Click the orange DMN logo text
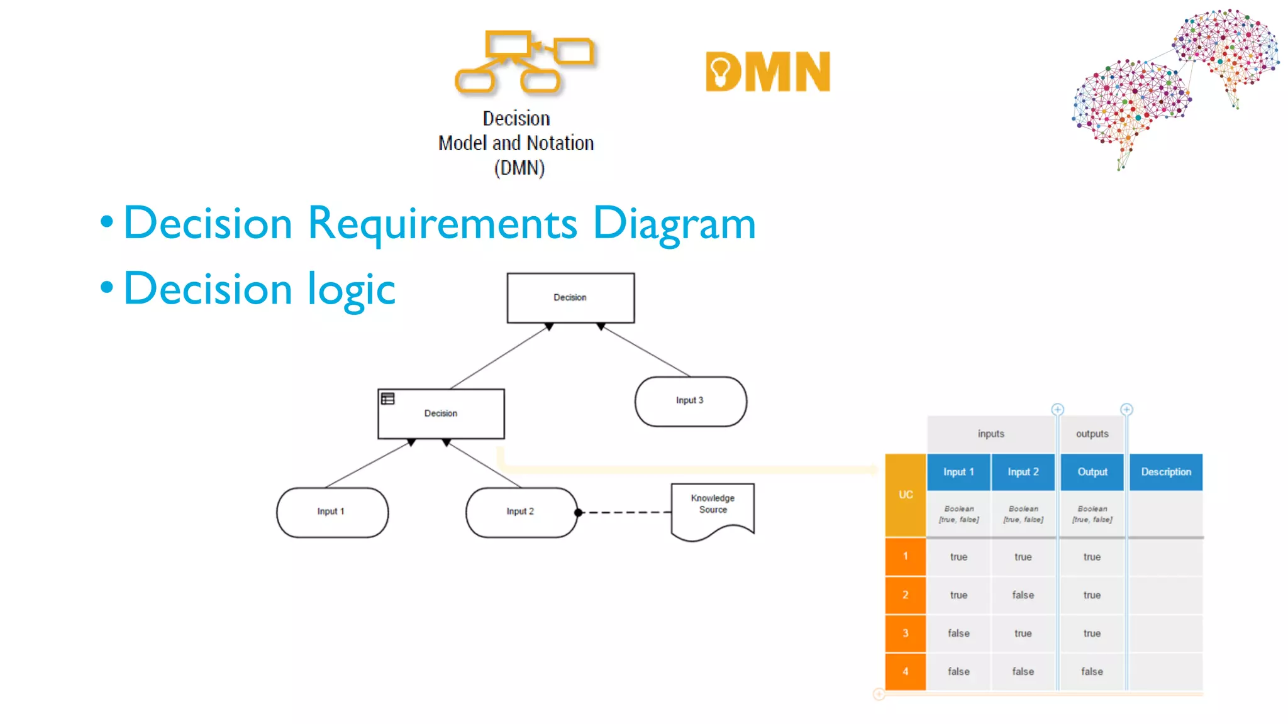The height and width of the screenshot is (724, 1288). (768, 72)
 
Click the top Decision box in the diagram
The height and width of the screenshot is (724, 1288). (570, 298)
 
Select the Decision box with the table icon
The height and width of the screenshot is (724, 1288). (441, 414)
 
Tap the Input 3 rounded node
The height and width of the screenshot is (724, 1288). (690, 401)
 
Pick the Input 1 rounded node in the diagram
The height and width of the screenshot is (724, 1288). (331, 512)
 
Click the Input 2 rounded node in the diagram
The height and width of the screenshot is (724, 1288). (521, 512)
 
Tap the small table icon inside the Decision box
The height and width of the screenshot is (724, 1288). (388, 398)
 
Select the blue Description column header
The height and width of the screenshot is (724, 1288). (1165, 472)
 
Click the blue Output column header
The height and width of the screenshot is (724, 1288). (1092, 472)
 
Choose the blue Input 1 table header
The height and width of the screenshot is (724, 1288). (958, 472)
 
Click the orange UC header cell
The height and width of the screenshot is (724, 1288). (906, 495)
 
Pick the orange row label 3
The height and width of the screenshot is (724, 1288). (906, 633)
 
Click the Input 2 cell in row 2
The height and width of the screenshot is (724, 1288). (1023, 595)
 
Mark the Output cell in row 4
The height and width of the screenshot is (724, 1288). (1092, 671)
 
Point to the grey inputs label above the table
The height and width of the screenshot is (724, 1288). (991, 434)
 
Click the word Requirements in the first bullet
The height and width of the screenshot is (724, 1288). (442, 224)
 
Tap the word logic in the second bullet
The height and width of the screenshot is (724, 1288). (351, 289)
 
